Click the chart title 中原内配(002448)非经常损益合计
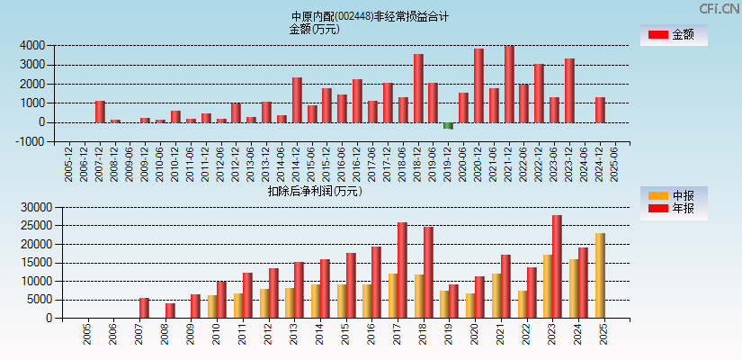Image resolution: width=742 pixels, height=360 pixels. tap(370, 16)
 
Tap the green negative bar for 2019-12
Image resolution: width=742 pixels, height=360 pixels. tap(448, 125)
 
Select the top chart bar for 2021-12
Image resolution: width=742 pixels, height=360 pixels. tap(509, 84)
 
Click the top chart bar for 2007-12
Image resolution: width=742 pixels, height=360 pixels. tap(100, 112)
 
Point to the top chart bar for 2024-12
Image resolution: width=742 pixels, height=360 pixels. tap(600, 110)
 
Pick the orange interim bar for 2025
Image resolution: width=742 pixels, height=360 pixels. tap(600, 275)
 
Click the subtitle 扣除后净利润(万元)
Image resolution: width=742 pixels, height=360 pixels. tap(314, 191)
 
